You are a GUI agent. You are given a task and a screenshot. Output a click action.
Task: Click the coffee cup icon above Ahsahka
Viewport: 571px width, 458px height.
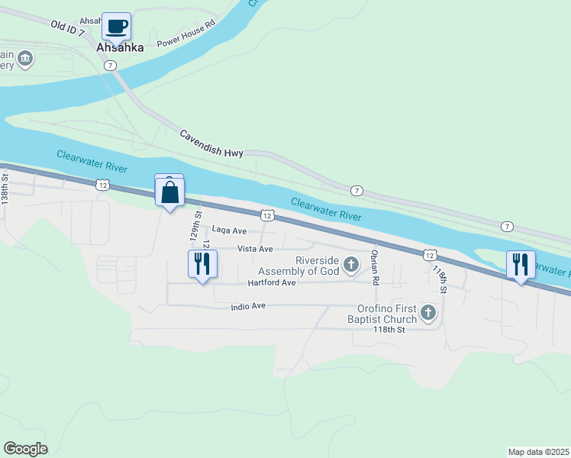click(x=116, y=27)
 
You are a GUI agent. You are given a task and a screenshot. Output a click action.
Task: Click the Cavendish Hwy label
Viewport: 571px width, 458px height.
click(x=211, y=144)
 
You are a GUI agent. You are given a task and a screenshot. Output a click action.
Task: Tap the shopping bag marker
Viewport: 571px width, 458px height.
click(x=169, y=192)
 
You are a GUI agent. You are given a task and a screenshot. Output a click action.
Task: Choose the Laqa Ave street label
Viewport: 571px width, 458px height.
click(x=229, y=230)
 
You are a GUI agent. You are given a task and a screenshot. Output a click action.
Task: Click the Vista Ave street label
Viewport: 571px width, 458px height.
click(x=255, y=249)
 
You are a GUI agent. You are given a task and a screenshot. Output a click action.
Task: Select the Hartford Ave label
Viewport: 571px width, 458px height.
click(x=271, y=282)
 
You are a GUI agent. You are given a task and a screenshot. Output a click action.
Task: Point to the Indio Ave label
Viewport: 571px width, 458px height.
click(x=247, y=306)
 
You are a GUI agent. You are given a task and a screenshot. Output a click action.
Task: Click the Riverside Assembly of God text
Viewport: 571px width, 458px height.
click(x=298, y=265)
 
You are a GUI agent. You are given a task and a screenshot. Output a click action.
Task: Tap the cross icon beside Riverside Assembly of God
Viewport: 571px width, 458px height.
click(x=351, y=265)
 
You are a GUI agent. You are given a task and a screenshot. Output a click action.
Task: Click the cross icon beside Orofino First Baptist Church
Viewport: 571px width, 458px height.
click(x=428, y=312)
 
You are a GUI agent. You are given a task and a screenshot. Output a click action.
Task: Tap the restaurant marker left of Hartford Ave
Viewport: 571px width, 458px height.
click(x=202, y=264)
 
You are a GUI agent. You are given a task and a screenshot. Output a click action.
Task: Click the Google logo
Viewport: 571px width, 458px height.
click(x=25, y=449)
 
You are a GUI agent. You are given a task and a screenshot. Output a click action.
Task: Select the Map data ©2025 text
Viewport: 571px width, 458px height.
click(x=538, y=451)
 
